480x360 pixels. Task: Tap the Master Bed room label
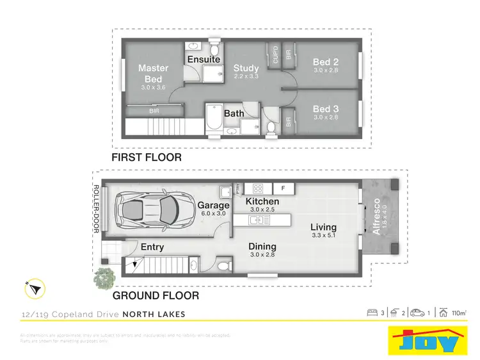(x=154, y=73)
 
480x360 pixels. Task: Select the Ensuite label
(x=204, y=60)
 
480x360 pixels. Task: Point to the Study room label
(x=246, y=69)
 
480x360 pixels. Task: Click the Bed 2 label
(x=326, y=62)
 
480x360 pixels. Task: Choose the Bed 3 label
(x=326, y=109)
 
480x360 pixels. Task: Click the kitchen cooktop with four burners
(x=259, y=188)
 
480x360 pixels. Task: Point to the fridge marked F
(x=283, y=188)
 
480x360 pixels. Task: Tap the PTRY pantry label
(x=237, y=188)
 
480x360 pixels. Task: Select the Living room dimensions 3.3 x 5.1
(x=323, y=236)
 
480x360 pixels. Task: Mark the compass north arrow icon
(x=33, y=290)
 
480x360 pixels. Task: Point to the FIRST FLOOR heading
(x=147, y=157)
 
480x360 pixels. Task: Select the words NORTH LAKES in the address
(x=154, y=314)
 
